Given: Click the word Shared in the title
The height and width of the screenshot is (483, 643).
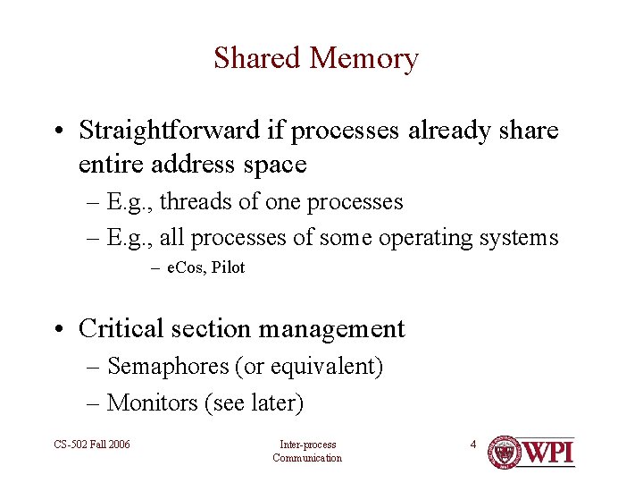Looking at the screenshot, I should (x=256, y=58).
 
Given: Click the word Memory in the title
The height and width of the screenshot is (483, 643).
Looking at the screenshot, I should (x=363, y=59).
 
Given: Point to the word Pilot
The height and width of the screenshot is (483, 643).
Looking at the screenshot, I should (x=228, y=267).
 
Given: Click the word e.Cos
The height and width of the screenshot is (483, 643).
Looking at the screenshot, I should (x=185, y=267).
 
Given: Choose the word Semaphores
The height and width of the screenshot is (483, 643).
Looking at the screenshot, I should (x=168, y=367).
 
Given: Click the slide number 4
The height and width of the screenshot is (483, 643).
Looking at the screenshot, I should (x=473, y=444).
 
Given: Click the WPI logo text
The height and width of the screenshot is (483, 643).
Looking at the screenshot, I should (x=547, y=452).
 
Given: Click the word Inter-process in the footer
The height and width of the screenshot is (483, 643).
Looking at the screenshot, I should (x=307, y=444).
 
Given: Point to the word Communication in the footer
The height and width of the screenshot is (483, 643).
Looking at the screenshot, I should (x=307, y=458).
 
